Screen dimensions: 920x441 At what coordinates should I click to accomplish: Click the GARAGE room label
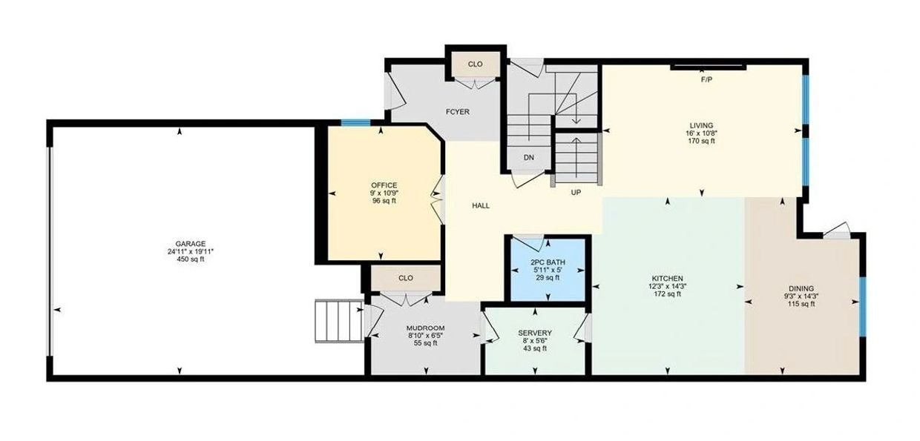pyautogui.click(x=190, y=244)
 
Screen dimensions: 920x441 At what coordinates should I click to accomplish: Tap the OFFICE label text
pyautogui.click(x=384, y=185)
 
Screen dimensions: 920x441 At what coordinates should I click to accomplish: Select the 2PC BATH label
pyautogui.click(x=548, y=262)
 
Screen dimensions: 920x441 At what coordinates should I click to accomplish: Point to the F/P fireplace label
pyautogui.click(x=706, y=80)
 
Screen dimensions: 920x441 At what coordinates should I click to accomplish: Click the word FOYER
pyautogui.click(x=458, y=112)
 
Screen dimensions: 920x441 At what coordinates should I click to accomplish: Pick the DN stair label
pyautogui.click(x=529, y=157)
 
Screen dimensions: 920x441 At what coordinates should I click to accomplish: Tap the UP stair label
pyautogui.click(x=576, y=192)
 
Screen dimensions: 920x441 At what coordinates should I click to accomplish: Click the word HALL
pyautogui.click(x=481, y=206)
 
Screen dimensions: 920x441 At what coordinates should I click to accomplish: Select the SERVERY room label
pyautogui.click(x=535, y=333)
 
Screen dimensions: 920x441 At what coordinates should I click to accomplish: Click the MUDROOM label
pyautogui.click(x=425, y=328)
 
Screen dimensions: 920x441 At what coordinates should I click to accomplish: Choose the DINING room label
pyautogui.click(x=801, y=288)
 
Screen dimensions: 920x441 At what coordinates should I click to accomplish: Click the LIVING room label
pyautogui.click(x=701, y=125)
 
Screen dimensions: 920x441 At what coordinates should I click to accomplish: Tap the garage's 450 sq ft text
pyautogui.click(x=190, y=259)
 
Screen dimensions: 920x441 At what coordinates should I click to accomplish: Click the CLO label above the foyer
pyautogui.click(x=475, y=64)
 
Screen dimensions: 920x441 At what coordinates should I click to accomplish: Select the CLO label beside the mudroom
pyautogui.click(x=405, y=278)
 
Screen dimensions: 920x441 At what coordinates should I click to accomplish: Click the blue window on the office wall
pyautogui.click(x=355, y=122)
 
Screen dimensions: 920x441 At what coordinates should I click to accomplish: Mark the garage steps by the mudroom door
pyautogui.click(x=339, y=321)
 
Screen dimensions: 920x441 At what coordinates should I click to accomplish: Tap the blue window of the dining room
pyautogui.click(x=863, y=306)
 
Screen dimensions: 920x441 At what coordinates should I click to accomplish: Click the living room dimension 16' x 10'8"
pyautogui.click(x=701, y=133)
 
